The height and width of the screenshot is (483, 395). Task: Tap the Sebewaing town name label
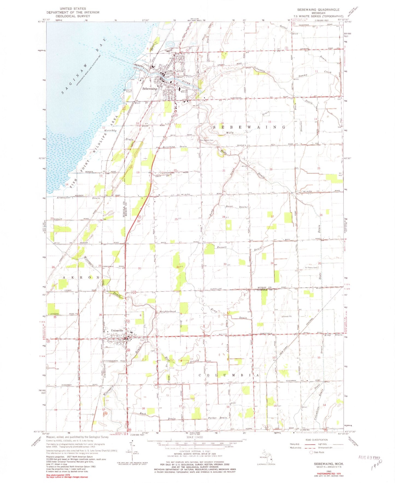pos(150,89)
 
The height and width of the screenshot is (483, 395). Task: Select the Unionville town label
pos(117,330)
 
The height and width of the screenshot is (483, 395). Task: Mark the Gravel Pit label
pos(287,316)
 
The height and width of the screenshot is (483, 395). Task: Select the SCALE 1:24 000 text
pos(195,438)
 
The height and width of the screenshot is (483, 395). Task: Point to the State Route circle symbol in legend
pos(311,452)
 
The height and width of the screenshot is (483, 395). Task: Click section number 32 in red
pos(178,267)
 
